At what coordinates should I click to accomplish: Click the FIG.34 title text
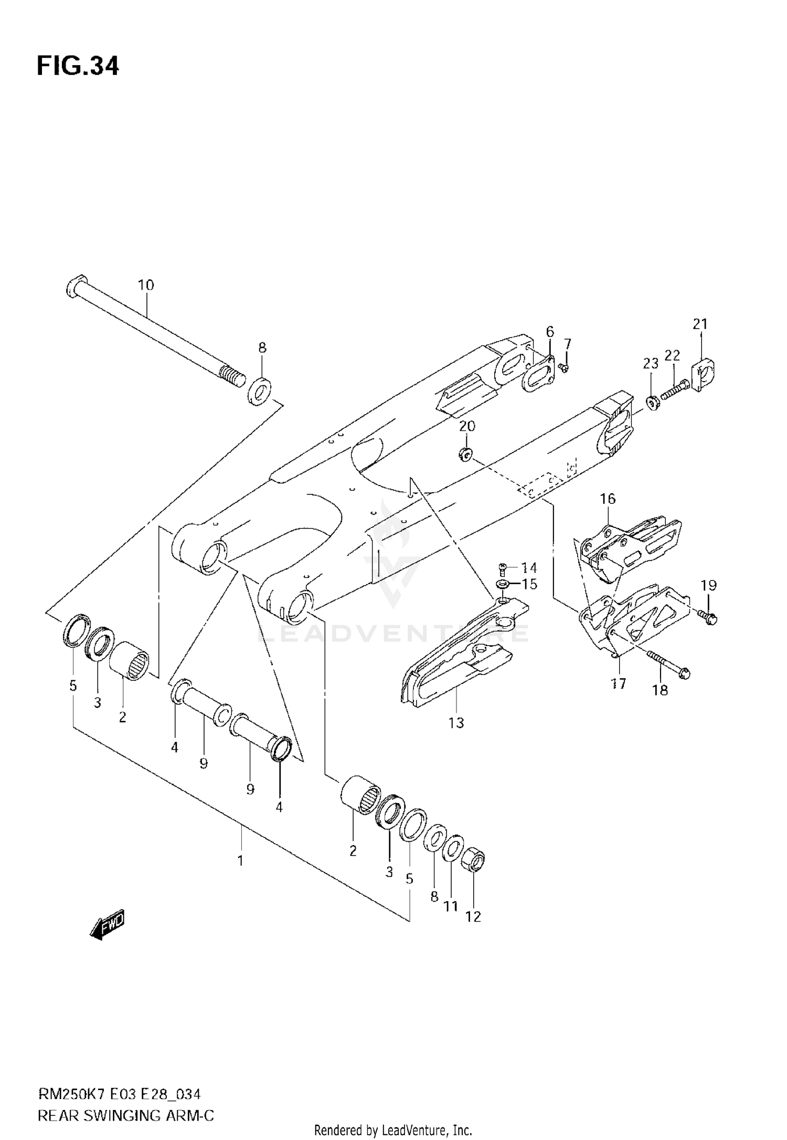(78, 67)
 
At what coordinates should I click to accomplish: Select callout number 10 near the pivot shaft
(146, 286)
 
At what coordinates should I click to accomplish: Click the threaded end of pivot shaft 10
(231, 376)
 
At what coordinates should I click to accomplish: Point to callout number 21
(700, 324)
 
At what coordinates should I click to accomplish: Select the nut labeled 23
(651, 404)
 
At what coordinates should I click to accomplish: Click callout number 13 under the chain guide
(456, 723)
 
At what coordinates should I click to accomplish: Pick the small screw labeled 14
(502, 567)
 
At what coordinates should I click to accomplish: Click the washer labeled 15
(502, 584)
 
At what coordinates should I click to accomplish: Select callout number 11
(451, 906)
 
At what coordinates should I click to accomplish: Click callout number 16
(608, 499)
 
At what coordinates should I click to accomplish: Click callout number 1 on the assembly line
(240, 861)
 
